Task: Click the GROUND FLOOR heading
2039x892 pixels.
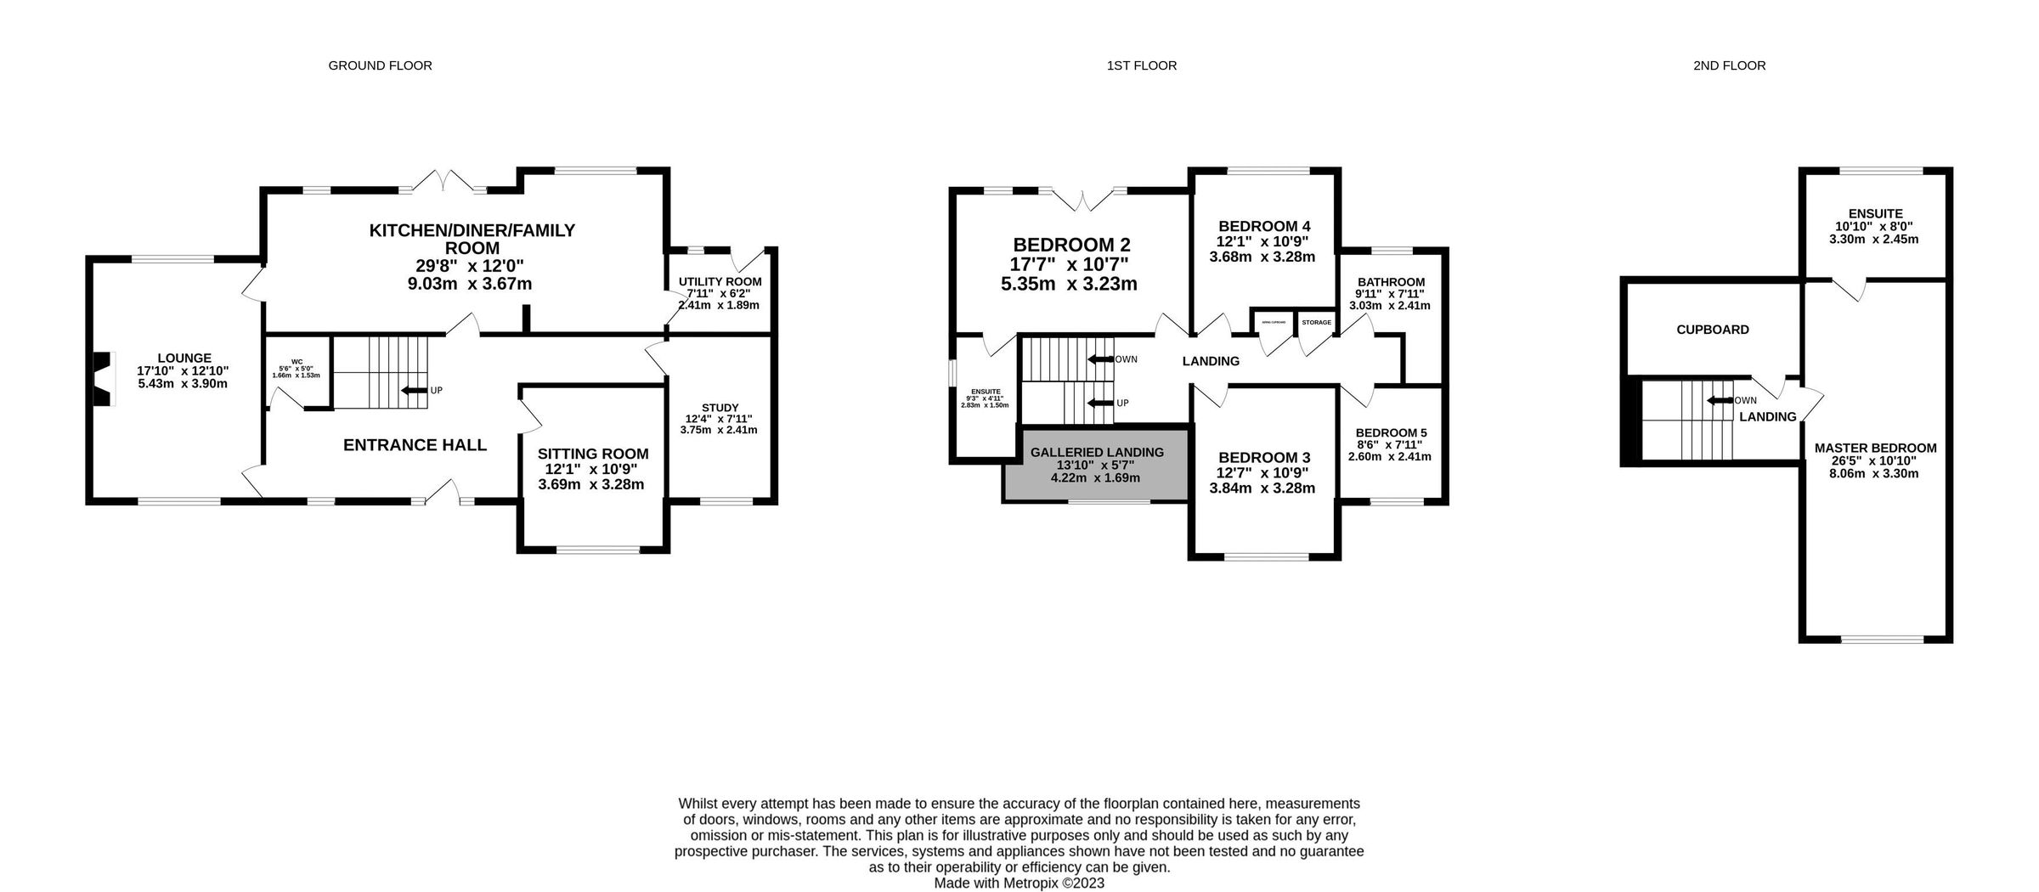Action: (x=380, y=65)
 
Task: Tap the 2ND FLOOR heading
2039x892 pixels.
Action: (x=1729, y=65)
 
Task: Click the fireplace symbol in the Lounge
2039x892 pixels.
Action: (x=101, y=381)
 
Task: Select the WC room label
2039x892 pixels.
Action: (x=297, y=362)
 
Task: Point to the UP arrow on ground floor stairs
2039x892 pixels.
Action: (x=415, y=391)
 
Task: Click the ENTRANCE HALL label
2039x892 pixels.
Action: (x=415, y=445)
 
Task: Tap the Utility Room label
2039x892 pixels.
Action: (x=720, y=282)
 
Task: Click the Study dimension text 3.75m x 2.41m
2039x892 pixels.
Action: (x=719, y=430)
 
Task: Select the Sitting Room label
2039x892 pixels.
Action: (x=592, y=454)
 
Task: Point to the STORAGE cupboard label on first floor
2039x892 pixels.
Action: (x=1316, y=323)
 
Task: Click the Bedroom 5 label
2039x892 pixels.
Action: (x=1391, y=432)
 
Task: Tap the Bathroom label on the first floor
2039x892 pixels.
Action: (x=1391, y=282)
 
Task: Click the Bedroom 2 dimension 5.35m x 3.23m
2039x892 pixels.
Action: (x=1069, y=284)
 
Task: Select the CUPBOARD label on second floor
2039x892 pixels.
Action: (x=1712, y=330)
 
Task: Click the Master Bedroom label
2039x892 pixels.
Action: (x=1875, y=449)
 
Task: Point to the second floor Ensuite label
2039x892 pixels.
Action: (x=1875, y=214)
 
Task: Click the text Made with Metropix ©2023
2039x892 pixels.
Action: (x=1019, y=883)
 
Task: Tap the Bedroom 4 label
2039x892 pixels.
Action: (x=1263, y=226)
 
